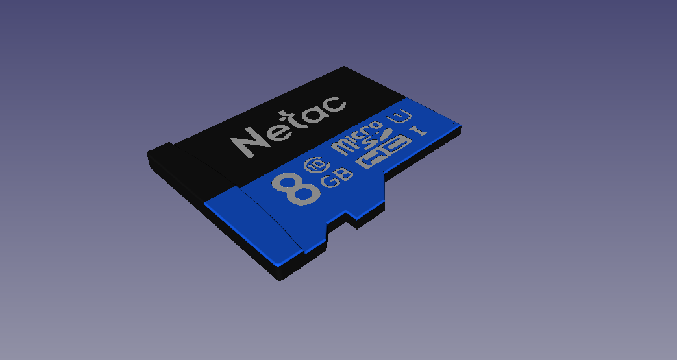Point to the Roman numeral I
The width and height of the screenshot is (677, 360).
click(x=418, y=131)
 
